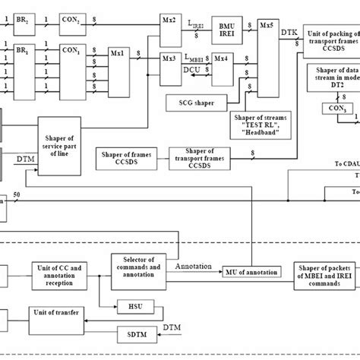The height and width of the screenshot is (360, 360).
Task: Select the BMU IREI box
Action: coord(225,24)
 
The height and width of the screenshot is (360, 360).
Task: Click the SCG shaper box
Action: coord(192,101)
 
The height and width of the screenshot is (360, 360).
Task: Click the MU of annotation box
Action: coord(248,272)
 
